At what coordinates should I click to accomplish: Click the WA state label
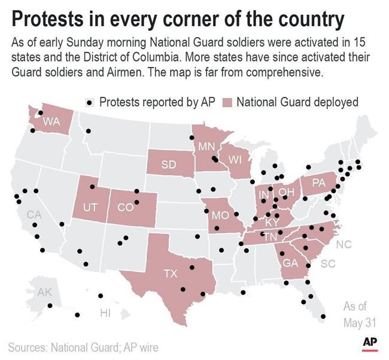point(51,121)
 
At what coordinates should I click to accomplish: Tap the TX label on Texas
point(171,274)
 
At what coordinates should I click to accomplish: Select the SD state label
point(168,165)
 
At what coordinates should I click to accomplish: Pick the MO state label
point(220,215)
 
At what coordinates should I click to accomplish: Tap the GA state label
point(290,264)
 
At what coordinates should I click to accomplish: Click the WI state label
point(235,160)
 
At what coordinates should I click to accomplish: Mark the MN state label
point(206,147)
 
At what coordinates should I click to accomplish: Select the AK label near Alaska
point(45,292)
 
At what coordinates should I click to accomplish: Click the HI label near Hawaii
point(105,313)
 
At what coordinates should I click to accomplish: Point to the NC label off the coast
point(344,245)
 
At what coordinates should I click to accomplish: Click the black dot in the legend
point(90,102)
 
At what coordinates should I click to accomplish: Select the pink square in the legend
point(227,102)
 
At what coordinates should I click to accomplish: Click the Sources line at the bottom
point(83,347)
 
